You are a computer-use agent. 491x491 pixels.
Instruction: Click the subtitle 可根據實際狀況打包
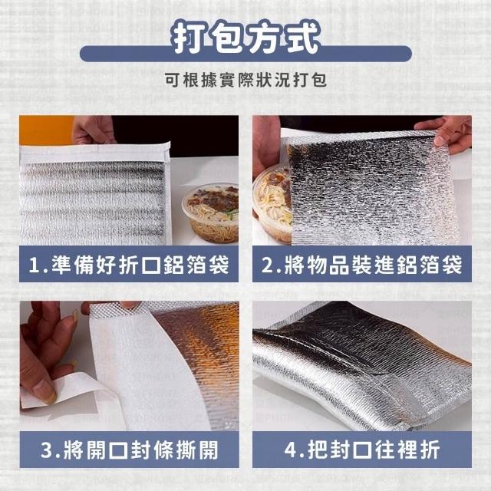tap(245, 81)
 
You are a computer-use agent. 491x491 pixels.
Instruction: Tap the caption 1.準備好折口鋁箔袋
tap(129, 264)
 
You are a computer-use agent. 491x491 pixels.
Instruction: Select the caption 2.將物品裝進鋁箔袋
tap(362, 264)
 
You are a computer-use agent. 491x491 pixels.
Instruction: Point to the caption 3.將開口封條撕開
tap(130, 450)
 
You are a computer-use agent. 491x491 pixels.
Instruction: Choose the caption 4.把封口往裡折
tap(362, 450)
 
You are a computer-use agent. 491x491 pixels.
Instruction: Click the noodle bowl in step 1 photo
tap(210, 213)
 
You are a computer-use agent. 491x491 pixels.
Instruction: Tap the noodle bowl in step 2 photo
tap(272, 203)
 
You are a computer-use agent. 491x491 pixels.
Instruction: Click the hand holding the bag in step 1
tap(94, 130)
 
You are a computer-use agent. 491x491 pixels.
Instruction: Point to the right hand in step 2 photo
tap(447, 130)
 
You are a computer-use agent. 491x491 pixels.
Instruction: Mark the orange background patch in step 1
tap(46, 130)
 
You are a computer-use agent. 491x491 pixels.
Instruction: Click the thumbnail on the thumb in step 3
tap(44, 391)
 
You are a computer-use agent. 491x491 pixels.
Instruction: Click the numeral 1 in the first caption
tap(34, 265)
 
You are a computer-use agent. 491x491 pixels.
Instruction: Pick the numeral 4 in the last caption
tap(290, 450)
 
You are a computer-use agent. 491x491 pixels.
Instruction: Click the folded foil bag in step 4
tap(362, 365)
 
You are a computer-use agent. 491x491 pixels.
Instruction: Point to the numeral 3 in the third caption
tap(47, 450)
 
